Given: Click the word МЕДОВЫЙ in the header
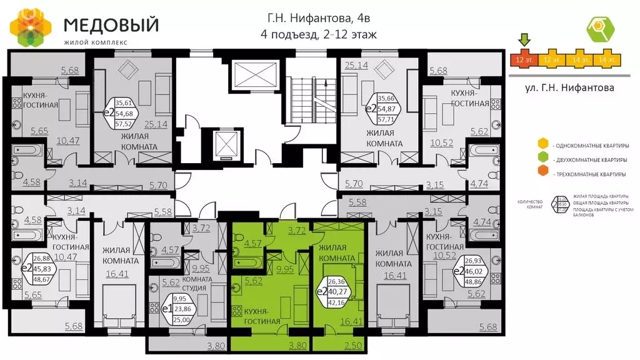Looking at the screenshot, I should pos(111,25).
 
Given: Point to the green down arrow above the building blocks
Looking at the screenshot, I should pos(525,40).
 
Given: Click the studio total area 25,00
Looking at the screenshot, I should pos(182,320).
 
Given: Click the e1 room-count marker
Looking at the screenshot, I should pos(167,309).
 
